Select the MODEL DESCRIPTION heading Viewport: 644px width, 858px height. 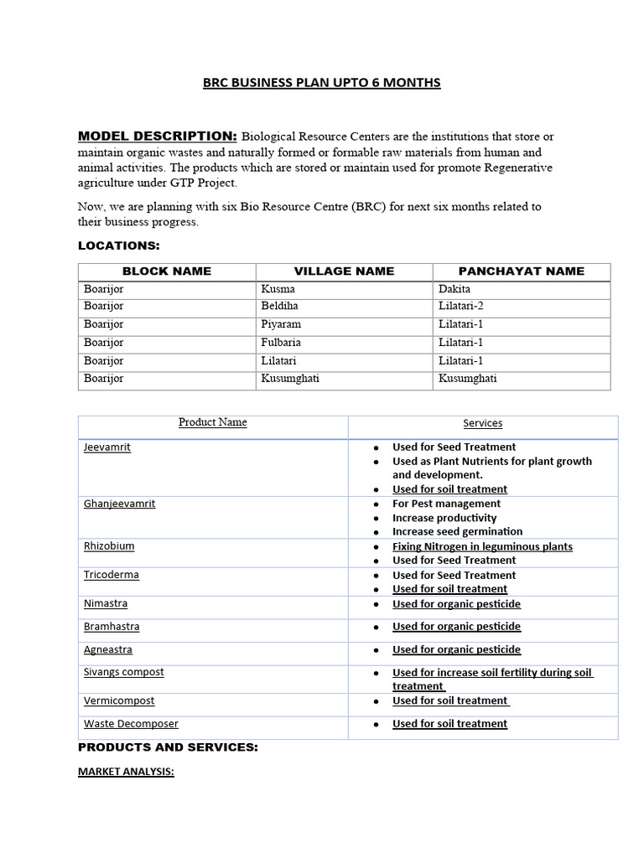tap(157, 136)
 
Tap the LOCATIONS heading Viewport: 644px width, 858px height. tap(118, 246)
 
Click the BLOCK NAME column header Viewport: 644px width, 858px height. tap(167, 271)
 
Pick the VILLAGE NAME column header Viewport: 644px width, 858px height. tap(344, 271)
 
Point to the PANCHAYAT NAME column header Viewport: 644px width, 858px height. tap(522, 271)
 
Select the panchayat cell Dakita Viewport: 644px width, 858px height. tap(454, 289)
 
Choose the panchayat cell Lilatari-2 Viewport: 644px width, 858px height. tap(461, 307)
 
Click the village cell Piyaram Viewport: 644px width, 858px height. tap(281, 324)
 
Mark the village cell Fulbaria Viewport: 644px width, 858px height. tap(281, 343)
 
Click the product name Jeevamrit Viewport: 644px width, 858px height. tap(107, 447)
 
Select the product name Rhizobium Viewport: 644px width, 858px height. tap(109, 546)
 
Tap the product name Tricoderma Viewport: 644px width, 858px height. tap(112, 575)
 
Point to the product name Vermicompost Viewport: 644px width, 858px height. tap(119, 700)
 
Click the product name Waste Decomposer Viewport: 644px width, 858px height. tap(131, 724)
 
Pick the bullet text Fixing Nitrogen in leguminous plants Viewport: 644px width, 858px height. tap(482, 546)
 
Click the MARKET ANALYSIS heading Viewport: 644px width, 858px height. tap(126, 772)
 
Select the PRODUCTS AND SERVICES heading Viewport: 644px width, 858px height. tap(168, 747)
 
